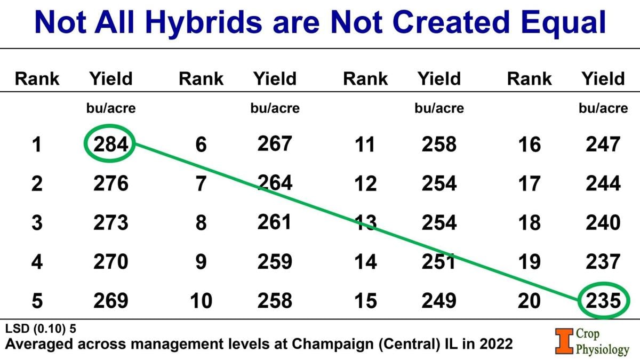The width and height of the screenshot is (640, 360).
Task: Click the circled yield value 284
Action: pyautogui.click(x=111, y=145)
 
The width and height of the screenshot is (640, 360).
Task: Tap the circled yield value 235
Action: pyautogui.click(x=604, y=301)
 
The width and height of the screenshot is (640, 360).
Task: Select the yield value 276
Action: pyautogui.click(x=111, y=183)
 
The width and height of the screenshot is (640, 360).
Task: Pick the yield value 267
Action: pyautogui.click(x=275, y=144)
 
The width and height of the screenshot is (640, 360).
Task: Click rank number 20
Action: pyautogui.click(x=529, y=301)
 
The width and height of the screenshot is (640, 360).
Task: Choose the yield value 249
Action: pyautogui.click(x=439, y=301)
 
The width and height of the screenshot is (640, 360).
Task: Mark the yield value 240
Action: pyautogui.click(x=604, y=223)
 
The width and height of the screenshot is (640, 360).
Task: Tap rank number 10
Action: pyautogui.click(x=201, y=301)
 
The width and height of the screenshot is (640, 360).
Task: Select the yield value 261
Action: pyautogui.click(x=275, y=223)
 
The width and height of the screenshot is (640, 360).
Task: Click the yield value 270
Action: pyautogui.click(x=111, y=262)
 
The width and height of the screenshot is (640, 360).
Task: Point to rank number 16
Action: pyautogui.click(x=529, y=145)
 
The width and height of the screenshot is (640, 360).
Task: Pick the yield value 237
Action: pyautogui.click(x=604, y=262)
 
